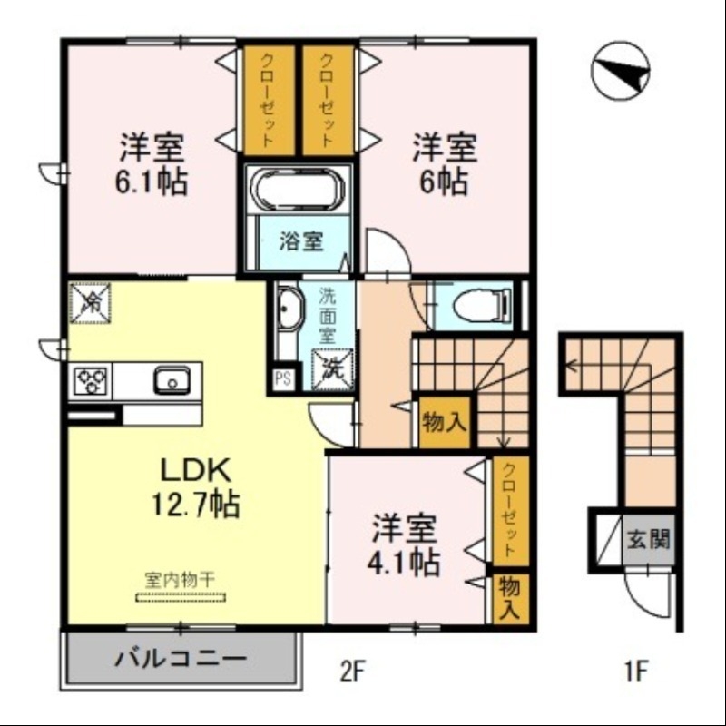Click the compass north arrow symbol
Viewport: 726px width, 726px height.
(x=621, y=71)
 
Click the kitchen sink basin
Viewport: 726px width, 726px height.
(x=171, y=381)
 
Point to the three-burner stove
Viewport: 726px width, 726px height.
(x=91, y=380)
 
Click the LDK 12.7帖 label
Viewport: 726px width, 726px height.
(x=199, y=486)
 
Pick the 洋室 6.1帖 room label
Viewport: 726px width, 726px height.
(x=152, y=165)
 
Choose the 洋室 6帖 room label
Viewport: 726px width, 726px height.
(x=444, y=165)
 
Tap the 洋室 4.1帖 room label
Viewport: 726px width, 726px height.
(x=405, y=545)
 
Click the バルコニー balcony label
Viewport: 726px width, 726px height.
(x=179, y=658)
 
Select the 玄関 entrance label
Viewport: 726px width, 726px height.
(x=648, y=539)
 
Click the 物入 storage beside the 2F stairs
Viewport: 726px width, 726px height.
(x=444, y=422)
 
